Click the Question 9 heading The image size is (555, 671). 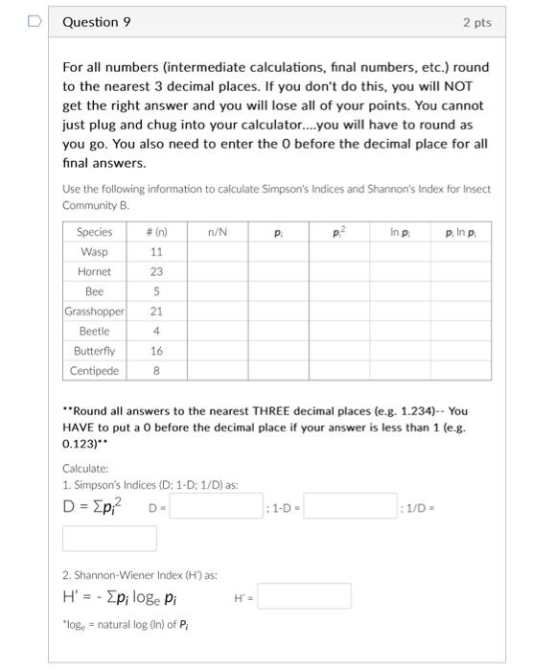(x=96, y=22)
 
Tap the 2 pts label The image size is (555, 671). (x=476, y=22)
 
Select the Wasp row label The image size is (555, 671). (x=94, y=251)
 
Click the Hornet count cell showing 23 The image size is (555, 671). (x=157, y=271)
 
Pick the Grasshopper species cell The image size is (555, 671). (x=94, y=312)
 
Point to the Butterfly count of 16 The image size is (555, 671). (x=157, y=351)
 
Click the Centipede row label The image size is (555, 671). (x=94, y=371)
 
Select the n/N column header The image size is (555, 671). (x=217, y=232)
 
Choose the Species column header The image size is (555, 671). (x=94, y=232)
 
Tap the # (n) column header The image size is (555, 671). (x=157, y=232)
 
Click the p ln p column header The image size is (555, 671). (x=461, y=232)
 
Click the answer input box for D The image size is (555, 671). (x=218, y=505)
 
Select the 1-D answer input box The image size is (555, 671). (x=350, y=505)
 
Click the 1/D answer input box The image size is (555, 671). (x=109, y=538)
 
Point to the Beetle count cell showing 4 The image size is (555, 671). (x=157, y=331)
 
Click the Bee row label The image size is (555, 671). (x=94, y=291)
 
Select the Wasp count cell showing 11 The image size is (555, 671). (x=157, y=251)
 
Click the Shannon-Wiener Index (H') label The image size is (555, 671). (x=140, y=575)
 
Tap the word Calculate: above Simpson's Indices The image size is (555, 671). (x=85, y=468)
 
